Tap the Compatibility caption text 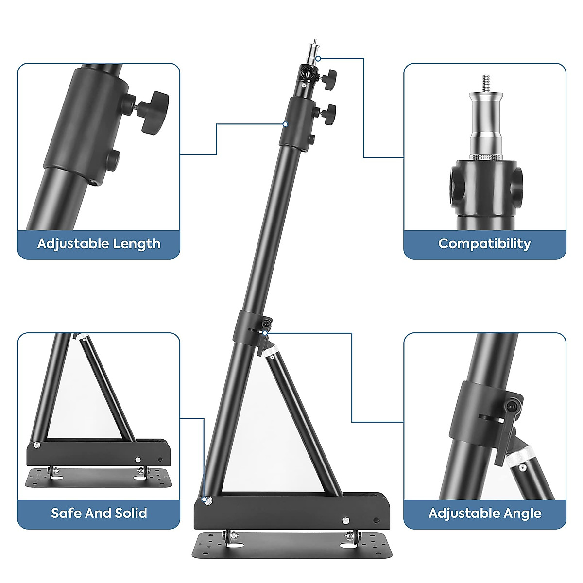(x=484, y=244)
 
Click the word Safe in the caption (x=66, y=513)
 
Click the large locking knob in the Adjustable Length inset (x=153, y=111)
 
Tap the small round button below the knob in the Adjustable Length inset (x=114, y=159)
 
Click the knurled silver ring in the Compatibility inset (x=485, y=156)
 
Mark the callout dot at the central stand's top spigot (x=318, y=59)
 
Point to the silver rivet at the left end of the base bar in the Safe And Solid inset (x=37, y=445)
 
